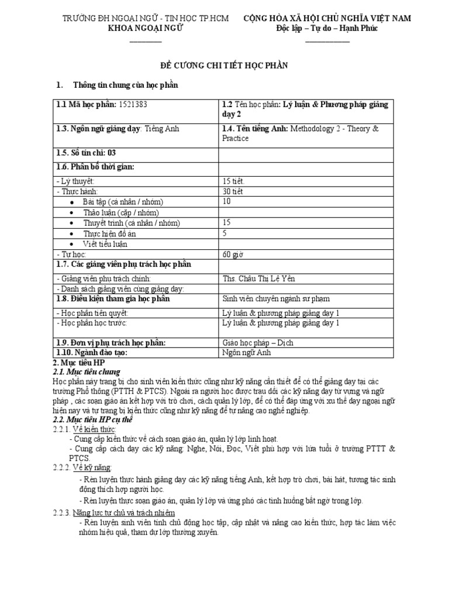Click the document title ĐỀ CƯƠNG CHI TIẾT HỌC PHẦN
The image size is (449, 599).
coord(224,66)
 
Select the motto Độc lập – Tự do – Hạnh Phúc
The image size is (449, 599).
coord(327,29)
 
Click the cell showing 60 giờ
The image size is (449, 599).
coord(233,254)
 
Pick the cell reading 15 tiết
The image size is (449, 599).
coord(234,181)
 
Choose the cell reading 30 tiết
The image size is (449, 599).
coord(234,191)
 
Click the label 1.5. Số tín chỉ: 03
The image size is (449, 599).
coord(86,153)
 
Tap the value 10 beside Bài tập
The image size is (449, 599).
coord(227,201)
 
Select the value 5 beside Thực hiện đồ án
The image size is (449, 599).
coord(225,233)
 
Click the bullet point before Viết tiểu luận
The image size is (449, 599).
coord(71,244)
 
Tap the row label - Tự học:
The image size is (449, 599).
coord(71,254)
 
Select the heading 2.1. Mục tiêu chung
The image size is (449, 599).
coord(86,371)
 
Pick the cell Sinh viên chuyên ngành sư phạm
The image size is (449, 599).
coord(271,299)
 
